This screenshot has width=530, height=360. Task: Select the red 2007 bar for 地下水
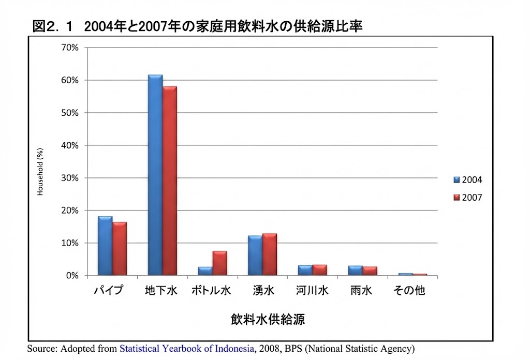click(169, 181)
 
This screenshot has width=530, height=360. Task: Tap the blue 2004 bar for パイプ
click(105, 246)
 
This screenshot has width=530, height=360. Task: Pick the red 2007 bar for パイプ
click(120, 249)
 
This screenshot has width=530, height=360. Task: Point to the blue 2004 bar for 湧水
click(255, 256)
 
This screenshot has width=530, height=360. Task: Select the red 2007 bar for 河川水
click(320, 270)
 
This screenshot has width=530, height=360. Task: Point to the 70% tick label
click(70, 48)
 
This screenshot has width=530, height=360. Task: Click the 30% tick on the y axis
click(70, 178)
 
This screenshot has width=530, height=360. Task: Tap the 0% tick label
click(72, 276)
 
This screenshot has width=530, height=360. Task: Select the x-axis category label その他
click(409, 291)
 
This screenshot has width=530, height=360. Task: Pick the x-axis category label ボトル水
click(211, 291)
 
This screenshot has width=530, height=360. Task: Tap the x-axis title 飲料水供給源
click(268, 319)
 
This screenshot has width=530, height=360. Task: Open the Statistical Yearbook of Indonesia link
click(187, 349)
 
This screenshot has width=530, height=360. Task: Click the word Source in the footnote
click(41, 349)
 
